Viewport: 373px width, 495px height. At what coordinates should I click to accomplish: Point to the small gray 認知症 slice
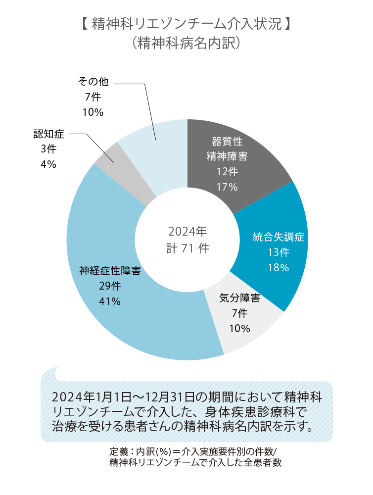click(107, 153)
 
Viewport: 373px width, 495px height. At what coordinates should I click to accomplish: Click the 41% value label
click(110, 302)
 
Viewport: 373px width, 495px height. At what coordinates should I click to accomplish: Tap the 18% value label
click(279, 268)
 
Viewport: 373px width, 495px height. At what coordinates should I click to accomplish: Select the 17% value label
click(227, 187)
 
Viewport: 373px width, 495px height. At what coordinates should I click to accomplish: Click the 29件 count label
click(110, 286)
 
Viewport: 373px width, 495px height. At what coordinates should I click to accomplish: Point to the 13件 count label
click(279, 252)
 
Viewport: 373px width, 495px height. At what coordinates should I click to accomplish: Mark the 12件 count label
click(227, 172)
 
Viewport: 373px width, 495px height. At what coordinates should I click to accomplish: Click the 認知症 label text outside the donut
click(49, 134)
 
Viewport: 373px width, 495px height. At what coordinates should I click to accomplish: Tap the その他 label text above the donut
click(93, 82)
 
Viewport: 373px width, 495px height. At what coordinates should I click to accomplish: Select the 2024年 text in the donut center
click(187, 231)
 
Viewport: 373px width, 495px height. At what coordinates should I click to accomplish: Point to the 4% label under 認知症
click(48, 164)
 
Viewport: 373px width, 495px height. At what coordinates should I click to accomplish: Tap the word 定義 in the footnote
click(119, 452)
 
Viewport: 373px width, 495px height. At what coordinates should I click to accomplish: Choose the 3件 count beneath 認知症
click(48, 149)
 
